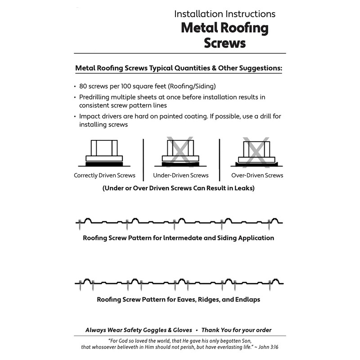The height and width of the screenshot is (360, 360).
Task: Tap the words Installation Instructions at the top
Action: (225, 13)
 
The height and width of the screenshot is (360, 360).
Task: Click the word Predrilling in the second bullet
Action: (96, 97)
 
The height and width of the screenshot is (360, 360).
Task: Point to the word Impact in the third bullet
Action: (89, 117)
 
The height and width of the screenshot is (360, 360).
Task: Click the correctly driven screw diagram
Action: (104, 153)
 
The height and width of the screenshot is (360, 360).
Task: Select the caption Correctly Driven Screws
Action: (104, 175)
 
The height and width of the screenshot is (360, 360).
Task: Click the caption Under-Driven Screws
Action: (181, 175)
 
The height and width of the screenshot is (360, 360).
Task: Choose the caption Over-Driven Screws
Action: (257, 175)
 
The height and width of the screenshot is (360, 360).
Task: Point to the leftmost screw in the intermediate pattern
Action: (80, 223)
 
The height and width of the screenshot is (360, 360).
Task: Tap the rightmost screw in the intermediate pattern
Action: (270, 223)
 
